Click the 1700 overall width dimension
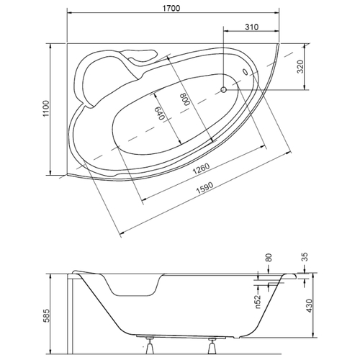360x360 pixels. click(171, 8)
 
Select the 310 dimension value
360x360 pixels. click(252, 27)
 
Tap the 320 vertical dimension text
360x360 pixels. click(300, 66)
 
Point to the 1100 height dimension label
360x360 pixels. click(45, 109)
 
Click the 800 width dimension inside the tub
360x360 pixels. click(186, 99)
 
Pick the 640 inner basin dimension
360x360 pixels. click(159, 113)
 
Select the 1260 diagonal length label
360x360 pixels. click(202, 168)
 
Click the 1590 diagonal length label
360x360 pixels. click(204, 188)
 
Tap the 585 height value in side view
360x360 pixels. click(48, 315)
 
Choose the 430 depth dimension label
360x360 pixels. click(310, 305)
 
